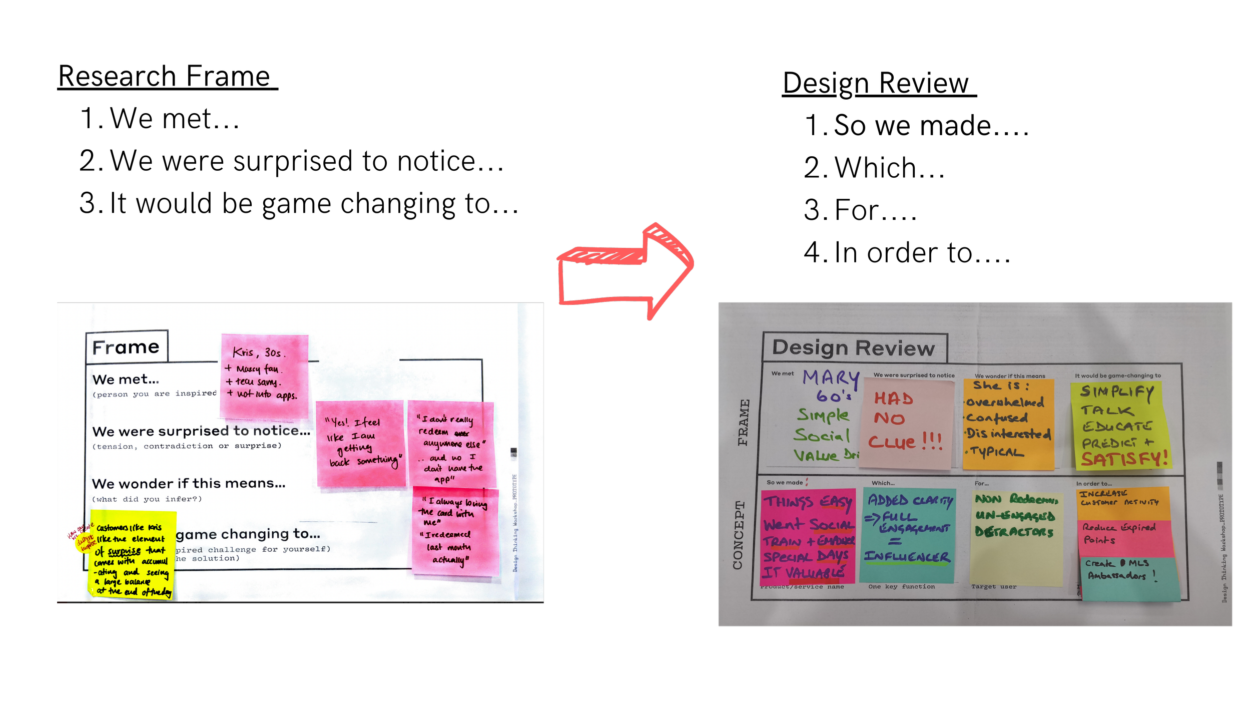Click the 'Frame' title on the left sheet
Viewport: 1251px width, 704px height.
126,347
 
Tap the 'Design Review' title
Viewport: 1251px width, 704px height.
853,348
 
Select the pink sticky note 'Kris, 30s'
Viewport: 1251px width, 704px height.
265,376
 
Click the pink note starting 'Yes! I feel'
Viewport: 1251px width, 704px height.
360,443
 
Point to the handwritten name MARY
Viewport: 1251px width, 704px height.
831,377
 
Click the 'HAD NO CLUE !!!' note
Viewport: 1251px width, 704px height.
906,423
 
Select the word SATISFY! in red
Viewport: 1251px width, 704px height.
1124,459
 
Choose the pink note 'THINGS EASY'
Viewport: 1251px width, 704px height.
808,536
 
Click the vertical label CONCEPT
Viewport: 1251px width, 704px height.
738,535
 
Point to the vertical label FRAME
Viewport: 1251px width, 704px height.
744,422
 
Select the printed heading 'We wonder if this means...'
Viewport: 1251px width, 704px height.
189,484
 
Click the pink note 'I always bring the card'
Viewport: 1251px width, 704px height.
454,531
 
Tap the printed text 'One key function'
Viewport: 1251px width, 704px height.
901,586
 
